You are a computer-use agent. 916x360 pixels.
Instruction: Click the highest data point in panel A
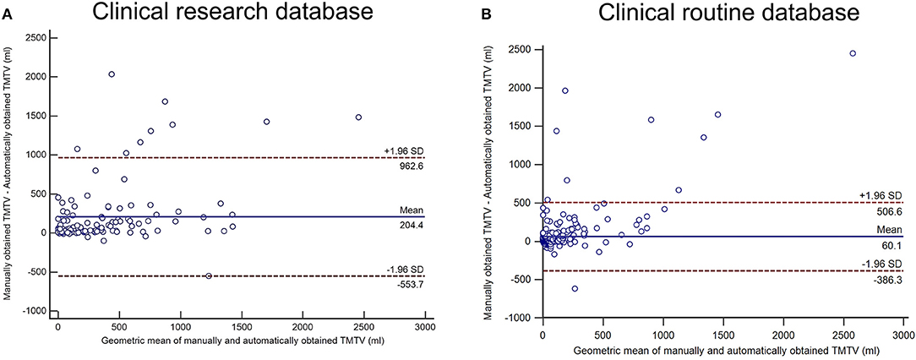click(x=112, y=74)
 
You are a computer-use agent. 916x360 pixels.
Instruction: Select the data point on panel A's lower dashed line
click(x=209, y=275)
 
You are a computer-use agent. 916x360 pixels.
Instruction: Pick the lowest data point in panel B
click(x=575, y=289)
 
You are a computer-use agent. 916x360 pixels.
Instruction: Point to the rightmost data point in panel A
click(x=358, y=117)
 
